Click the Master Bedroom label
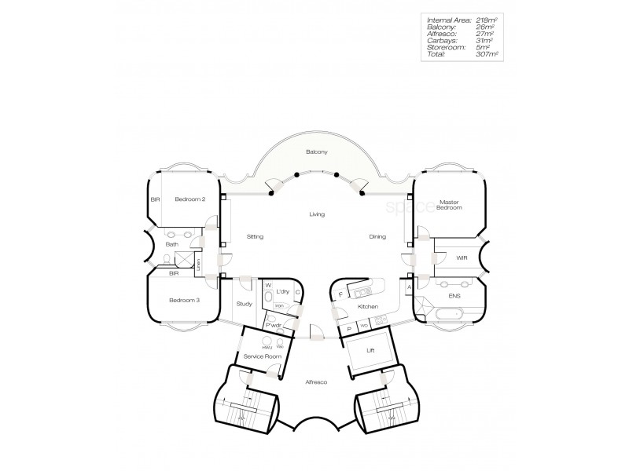pos(449,205)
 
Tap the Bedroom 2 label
pos(189,199)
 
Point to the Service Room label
pos(262,356)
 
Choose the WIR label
pos(462,257)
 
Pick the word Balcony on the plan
pos(316,152)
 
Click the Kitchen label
pos(368,306)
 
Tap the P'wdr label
pos(274,324)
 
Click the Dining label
pos(378,236)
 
